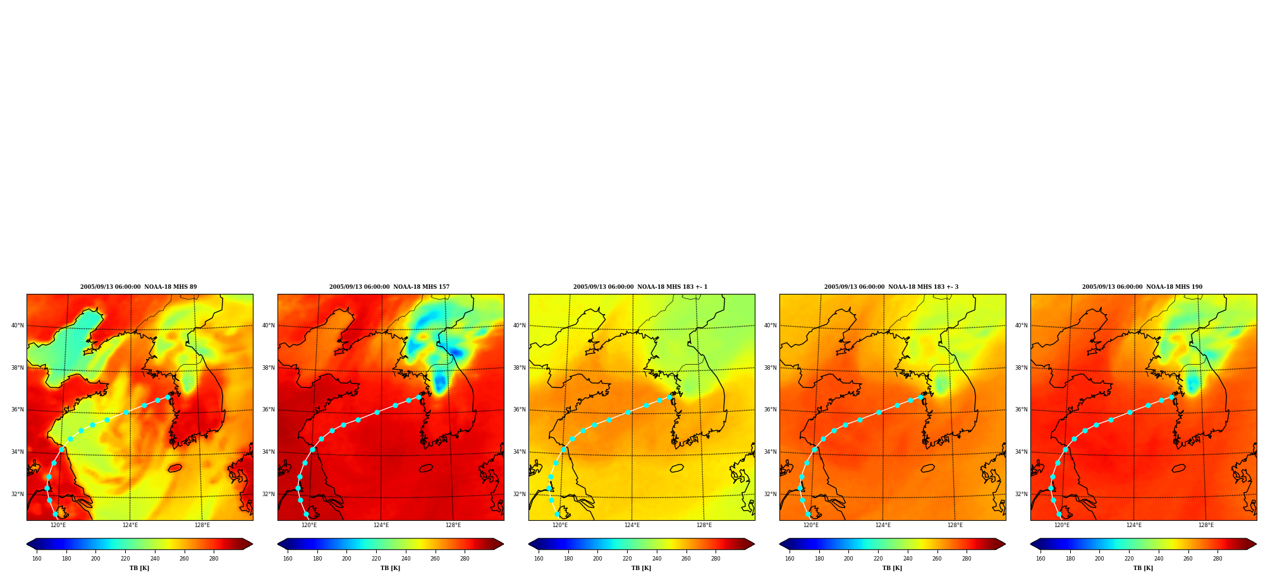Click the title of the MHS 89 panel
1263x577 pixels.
click(138, 287)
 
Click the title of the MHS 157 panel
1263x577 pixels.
click(389, 287)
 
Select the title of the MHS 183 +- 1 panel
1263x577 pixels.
click(640, 287)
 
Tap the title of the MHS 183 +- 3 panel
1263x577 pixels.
click(891, 287)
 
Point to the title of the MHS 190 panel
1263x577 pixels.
click(1142, 287)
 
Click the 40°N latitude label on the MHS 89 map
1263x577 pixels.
click(18, 325)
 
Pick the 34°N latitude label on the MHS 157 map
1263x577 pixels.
click(269, 452)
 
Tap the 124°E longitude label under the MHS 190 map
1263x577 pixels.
click(1134, 525)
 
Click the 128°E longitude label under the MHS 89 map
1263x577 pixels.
click(202, 525)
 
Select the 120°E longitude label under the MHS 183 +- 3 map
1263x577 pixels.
click(811, 525)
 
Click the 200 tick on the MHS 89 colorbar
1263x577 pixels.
click(95, 558)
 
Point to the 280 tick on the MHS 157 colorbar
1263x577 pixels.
click(465, 558)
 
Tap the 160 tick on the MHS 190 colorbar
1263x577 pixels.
click(1040, 558)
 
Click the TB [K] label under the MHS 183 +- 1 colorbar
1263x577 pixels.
click(641, 568)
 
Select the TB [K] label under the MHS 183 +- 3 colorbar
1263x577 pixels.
click(892, 568)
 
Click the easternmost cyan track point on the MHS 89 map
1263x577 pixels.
click(168, 397)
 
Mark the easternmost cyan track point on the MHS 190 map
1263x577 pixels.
click(1172, 397)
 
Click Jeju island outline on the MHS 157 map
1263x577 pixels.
click(426, 468)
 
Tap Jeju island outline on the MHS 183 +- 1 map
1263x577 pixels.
click(677, 468)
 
